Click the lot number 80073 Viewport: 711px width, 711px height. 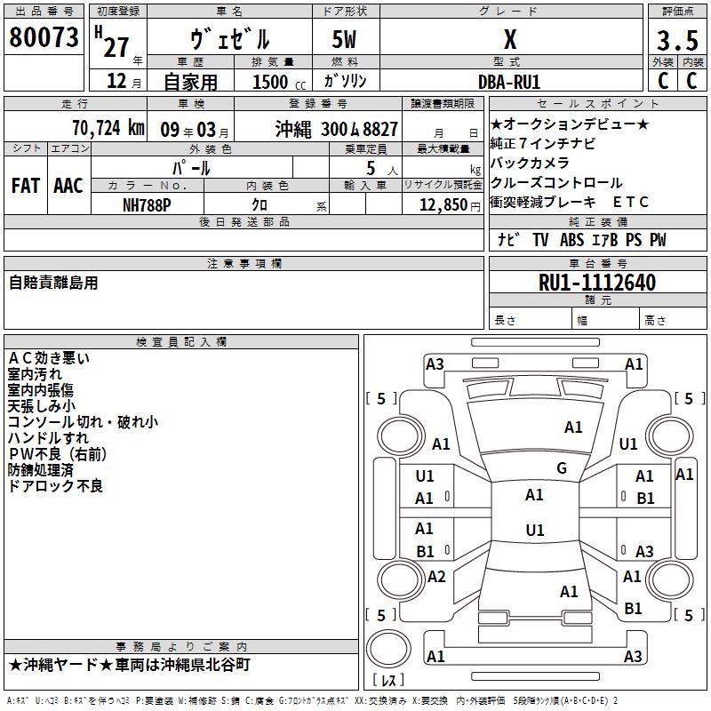click(44, 37)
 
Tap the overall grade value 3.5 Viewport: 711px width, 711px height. click(677, 40)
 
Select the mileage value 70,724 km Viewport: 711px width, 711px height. click(108, 128)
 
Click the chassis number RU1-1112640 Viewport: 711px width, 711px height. click(597, 283)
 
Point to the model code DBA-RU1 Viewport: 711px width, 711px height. click(509, 82)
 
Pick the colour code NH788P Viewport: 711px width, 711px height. click(147, 205)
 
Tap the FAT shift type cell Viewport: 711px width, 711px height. click(26, 186)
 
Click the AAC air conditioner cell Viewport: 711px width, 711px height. click(68, 186)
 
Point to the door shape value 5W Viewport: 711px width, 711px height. click(344, 39)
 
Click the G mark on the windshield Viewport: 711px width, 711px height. click(562, 468)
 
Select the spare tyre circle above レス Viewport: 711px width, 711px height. click(388, 649)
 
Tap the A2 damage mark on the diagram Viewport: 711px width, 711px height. click(436, 577)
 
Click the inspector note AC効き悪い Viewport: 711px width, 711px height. click(49, 358)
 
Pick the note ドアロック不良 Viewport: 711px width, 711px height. click(55, 486)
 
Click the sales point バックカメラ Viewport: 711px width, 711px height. click(530, 163)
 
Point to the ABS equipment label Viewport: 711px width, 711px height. click(571, 240)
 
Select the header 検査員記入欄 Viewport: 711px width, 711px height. click(181, 342)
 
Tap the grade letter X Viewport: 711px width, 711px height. click(510, 39)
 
